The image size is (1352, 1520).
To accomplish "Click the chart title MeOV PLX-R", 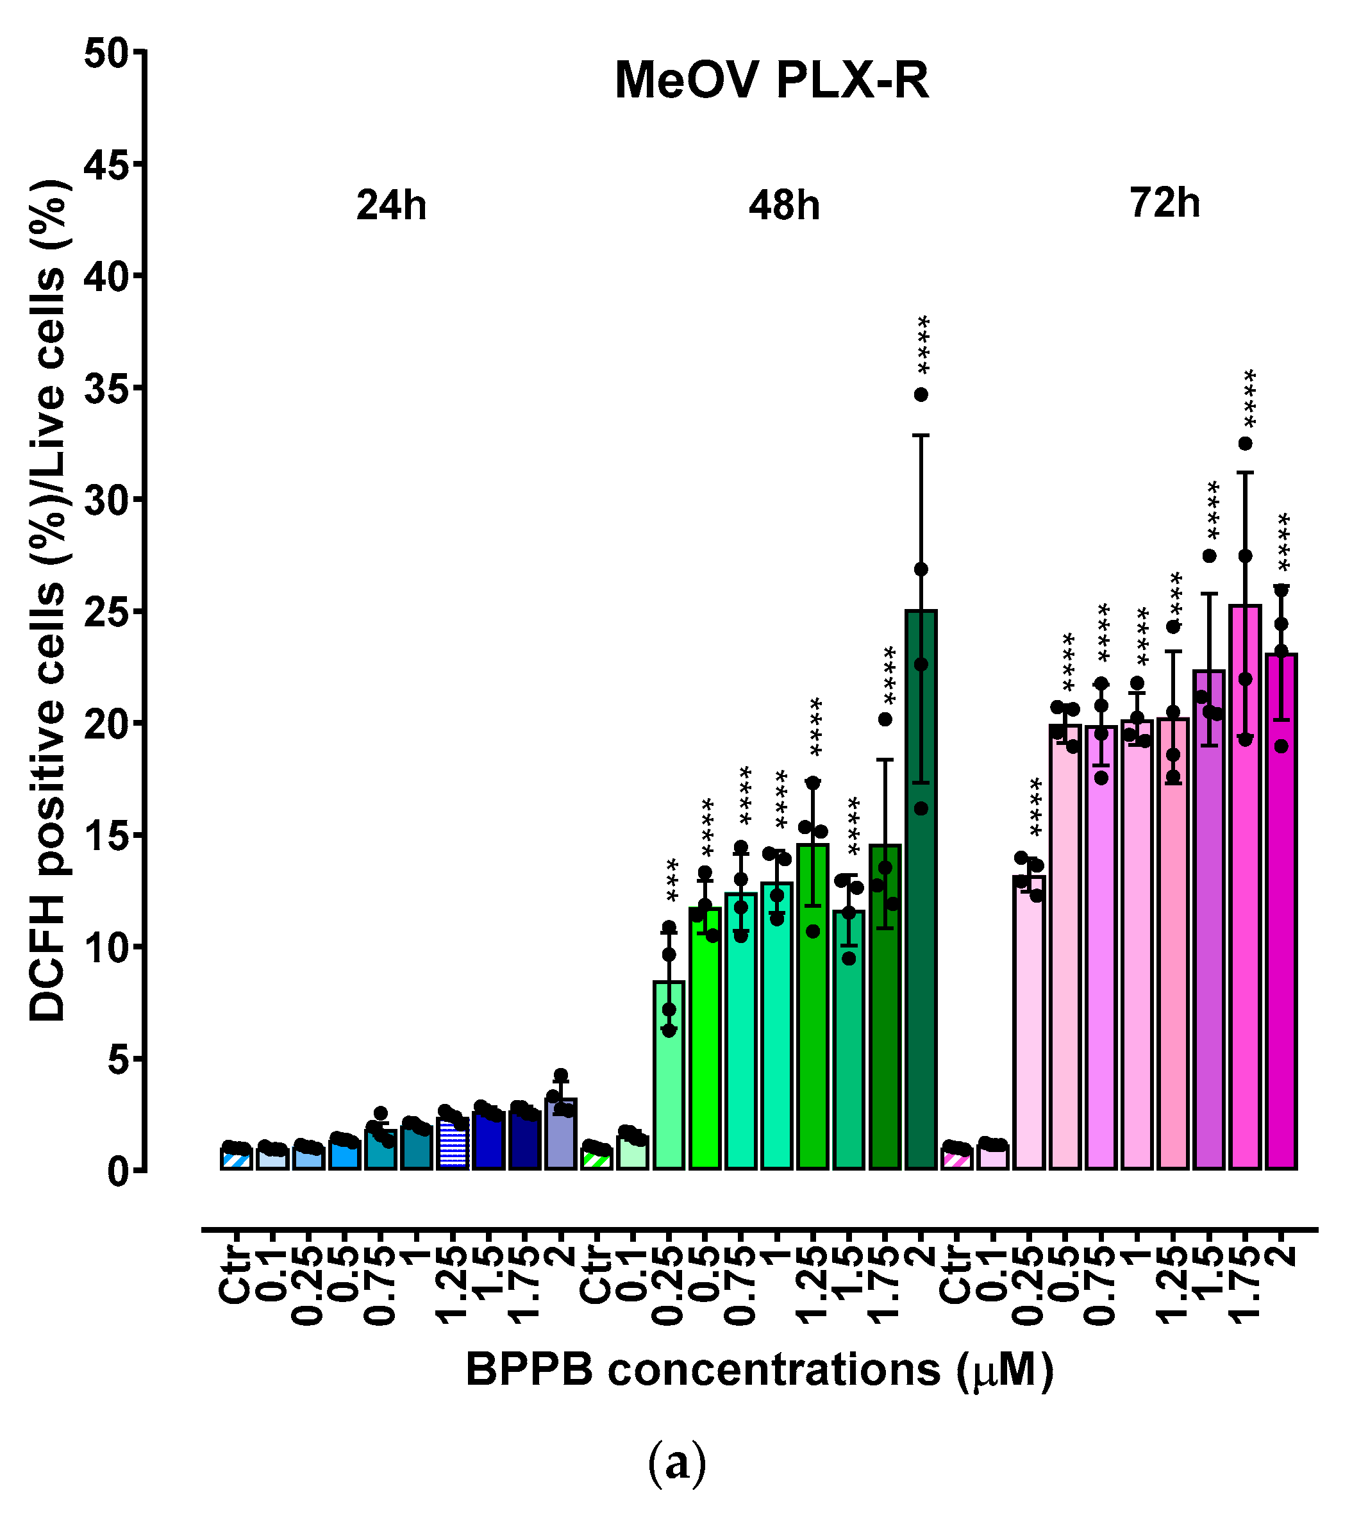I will coord(771,80).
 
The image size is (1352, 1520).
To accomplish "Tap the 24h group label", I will coord(391,205).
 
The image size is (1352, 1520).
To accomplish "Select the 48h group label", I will coord(784,205).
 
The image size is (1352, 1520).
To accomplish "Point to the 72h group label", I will coord(1165,203).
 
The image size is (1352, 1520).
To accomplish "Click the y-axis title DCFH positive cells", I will coord(47,603).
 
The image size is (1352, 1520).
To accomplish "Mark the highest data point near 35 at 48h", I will coord(921,395).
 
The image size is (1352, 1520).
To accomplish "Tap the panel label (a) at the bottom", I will coord(676,1462).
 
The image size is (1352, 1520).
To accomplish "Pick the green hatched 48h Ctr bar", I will coord(596,1160).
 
